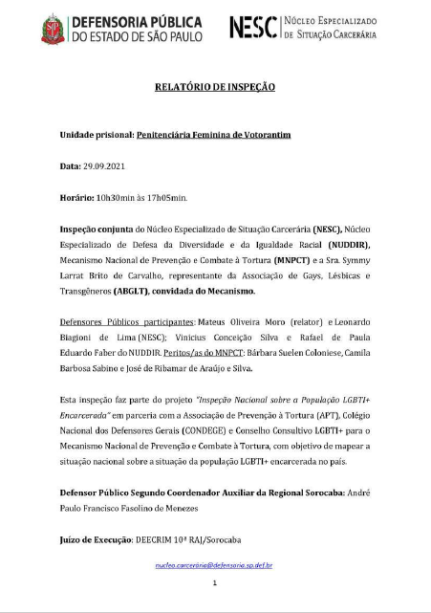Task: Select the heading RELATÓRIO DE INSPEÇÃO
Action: [x=215, y=87]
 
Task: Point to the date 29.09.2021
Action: [x=102, y=166]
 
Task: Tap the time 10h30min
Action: [x=119, y=198]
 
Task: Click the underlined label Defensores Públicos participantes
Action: [x=119, y=324]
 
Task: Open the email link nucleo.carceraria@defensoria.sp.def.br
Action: [x=215, y=565]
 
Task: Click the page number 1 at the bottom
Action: [x=215, y=582]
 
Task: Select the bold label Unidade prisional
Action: [x=95, y=135]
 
